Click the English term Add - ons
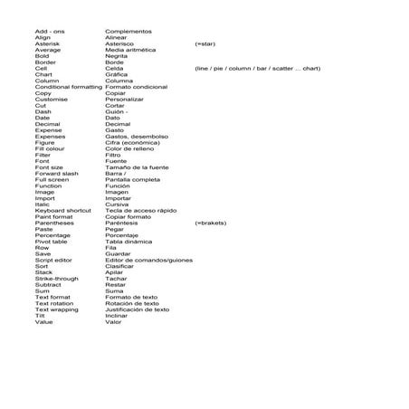(50, 31)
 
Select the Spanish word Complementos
(128, 31)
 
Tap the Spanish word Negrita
(118, 55)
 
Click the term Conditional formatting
(68, 86)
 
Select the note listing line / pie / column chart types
(257, 68)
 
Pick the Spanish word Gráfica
(119, 73)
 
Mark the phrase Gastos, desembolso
(137, 136)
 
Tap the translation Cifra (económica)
(132, 142)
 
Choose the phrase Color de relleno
(130, 147)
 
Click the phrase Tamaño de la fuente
(137, 166)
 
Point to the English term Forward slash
(57, 173)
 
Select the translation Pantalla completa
(133, 179)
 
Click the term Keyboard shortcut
(63, 210)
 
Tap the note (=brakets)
(211, 223)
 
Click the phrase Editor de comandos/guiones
(149, 260)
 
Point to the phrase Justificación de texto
(138, 309)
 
